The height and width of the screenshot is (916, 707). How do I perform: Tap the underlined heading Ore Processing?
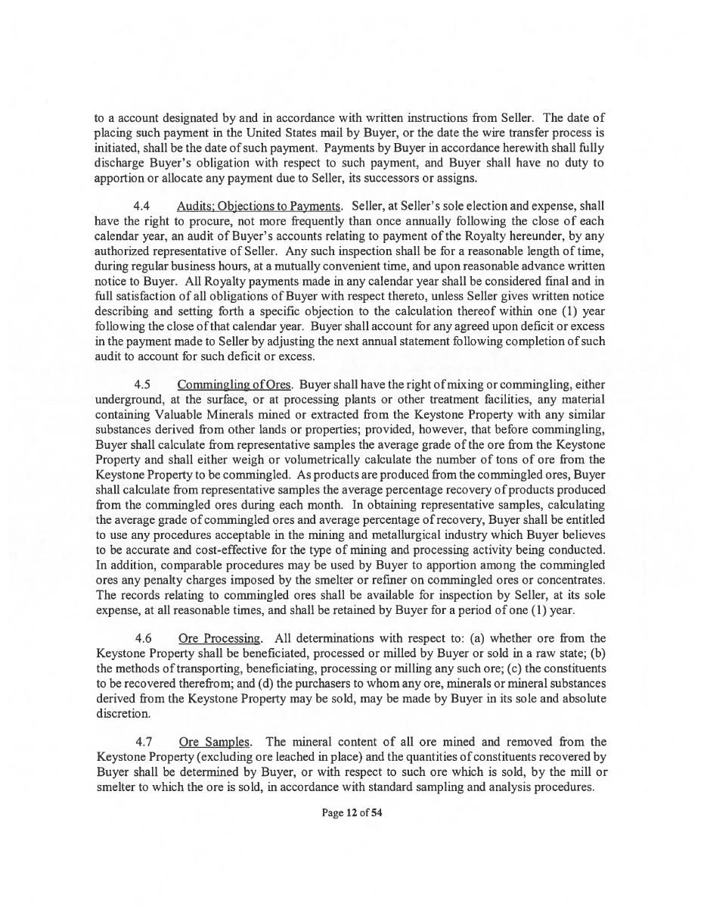click(x=220, y=638)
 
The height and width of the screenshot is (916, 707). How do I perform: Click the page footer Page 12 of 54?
click(x=352, y=814)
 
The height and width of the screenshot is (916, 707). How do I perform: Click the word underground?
click(x=128, y=400)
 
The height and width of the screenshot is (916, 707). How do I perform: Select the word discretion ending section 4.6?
click(x=120, y=713)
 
